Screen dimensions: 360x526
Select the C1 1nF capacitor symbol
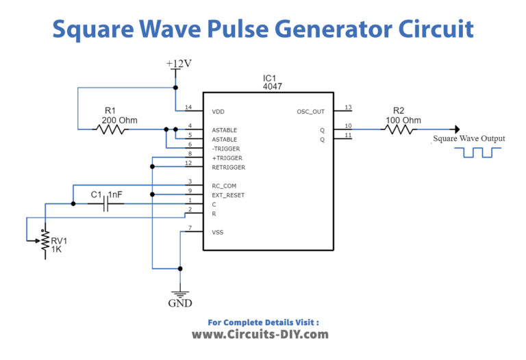coord(105,204)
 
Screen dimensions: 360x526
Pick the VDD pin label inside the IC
coord(219,111)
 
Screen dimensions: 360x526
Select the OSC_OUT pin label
coord(310,111)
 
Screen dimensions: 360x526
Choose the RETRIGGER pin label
coord(228,167)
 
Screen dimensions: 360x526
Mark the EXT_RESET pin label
coord(228,195)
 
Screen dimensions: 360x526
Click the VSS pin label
coord(218,232)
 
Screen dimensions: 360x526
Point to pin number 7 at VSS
coord(190,228)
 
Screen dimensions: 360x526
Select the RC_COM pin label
coord(225,185)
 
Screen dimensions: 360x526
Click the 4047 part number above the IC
coord(273,87)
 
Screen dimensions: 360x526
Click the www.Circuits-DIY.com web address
coord(260,335)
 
